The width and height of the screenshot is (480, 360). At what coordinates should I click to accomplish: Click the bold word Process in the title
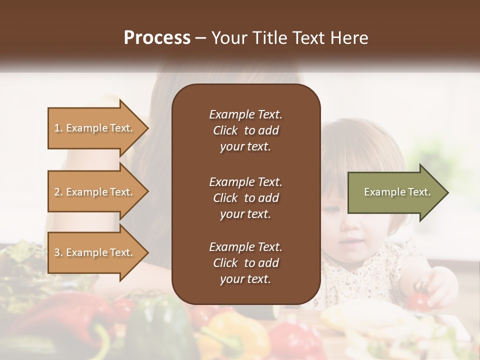157,38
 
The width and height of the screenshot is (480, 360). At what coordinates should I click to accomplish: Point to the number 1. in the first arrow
59,128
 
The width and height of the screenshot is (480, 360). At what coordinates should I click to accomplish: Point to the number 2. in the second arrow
59,192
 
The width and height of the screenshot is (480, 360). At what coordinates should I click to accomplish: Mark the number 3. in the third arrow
59,252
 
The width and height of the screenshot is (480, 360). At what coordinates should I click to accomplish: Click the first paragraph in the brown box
245,130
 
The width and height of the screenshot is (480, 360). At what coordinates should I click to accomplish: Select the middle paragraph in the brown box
245,198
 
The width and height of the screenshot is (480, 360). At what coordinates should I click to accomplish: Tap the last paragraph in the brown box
245,263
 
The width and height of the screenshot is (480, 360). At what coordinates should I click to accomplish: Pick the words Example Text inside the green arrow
397,192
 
